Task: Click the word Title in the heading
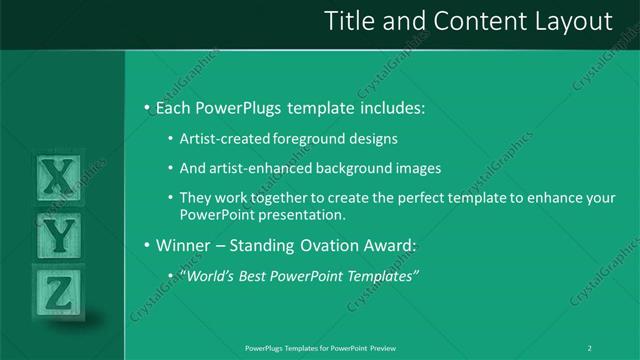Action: coord(356,20)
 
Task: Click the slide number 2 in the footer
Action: coord(590,348)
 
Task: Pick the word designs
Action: coord(373,138)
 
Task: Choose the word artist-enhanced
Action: coord(258,168)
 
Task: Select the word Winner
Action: coord(183,245)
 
